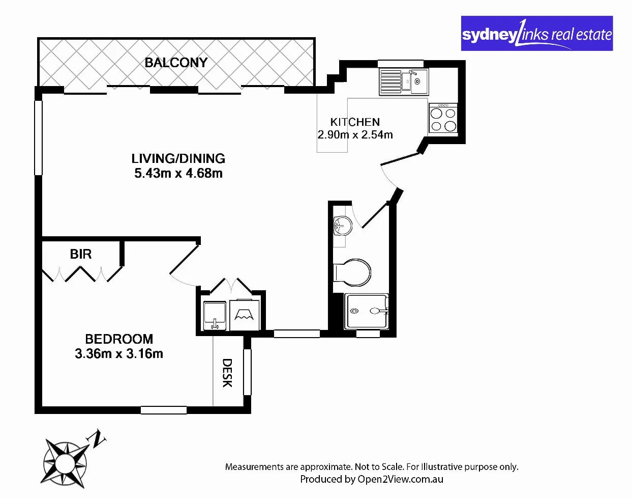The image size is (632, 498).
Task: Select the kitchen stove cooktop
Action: tap(443, 119)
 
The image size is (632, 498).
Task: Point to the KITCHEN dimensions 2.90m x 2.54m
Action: tap(355, 135)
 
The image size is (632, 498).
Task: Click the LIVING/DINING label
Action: tap(178, 158)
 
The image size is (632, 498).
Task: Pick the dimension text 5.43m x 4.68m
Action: tap(178, 174)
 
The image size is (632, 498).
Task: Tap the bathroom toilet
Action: tap(352, 271)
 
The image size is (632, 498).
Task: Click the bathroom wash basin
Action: tap(342, 225)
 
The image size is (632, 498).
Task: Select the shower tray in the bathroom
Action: tap(366, 311)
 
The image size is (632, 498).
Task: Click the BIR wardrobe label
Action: tap(81, 254)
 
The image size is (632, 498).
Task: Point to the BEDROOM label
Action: tap(119, 339)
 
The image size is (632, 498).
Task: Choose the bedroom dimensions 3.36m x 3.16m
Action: tap(119, 354)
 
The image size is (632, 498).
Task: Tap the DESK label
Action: tap(227, 373)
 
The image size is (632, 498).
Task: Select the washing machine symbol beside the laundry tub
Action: tap(245, 315)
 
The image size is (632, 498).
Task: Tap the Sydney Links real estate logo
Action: tap(536, 34)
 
